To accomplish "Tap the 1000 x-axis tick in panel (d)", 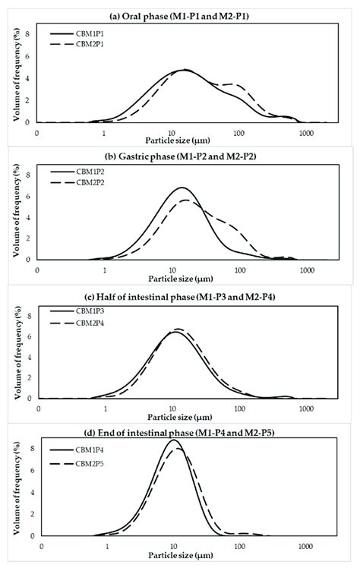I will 306,547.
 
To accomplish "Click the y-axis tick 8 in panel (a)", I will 29,34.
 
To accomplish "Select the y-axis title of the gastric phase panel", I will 15,214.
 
